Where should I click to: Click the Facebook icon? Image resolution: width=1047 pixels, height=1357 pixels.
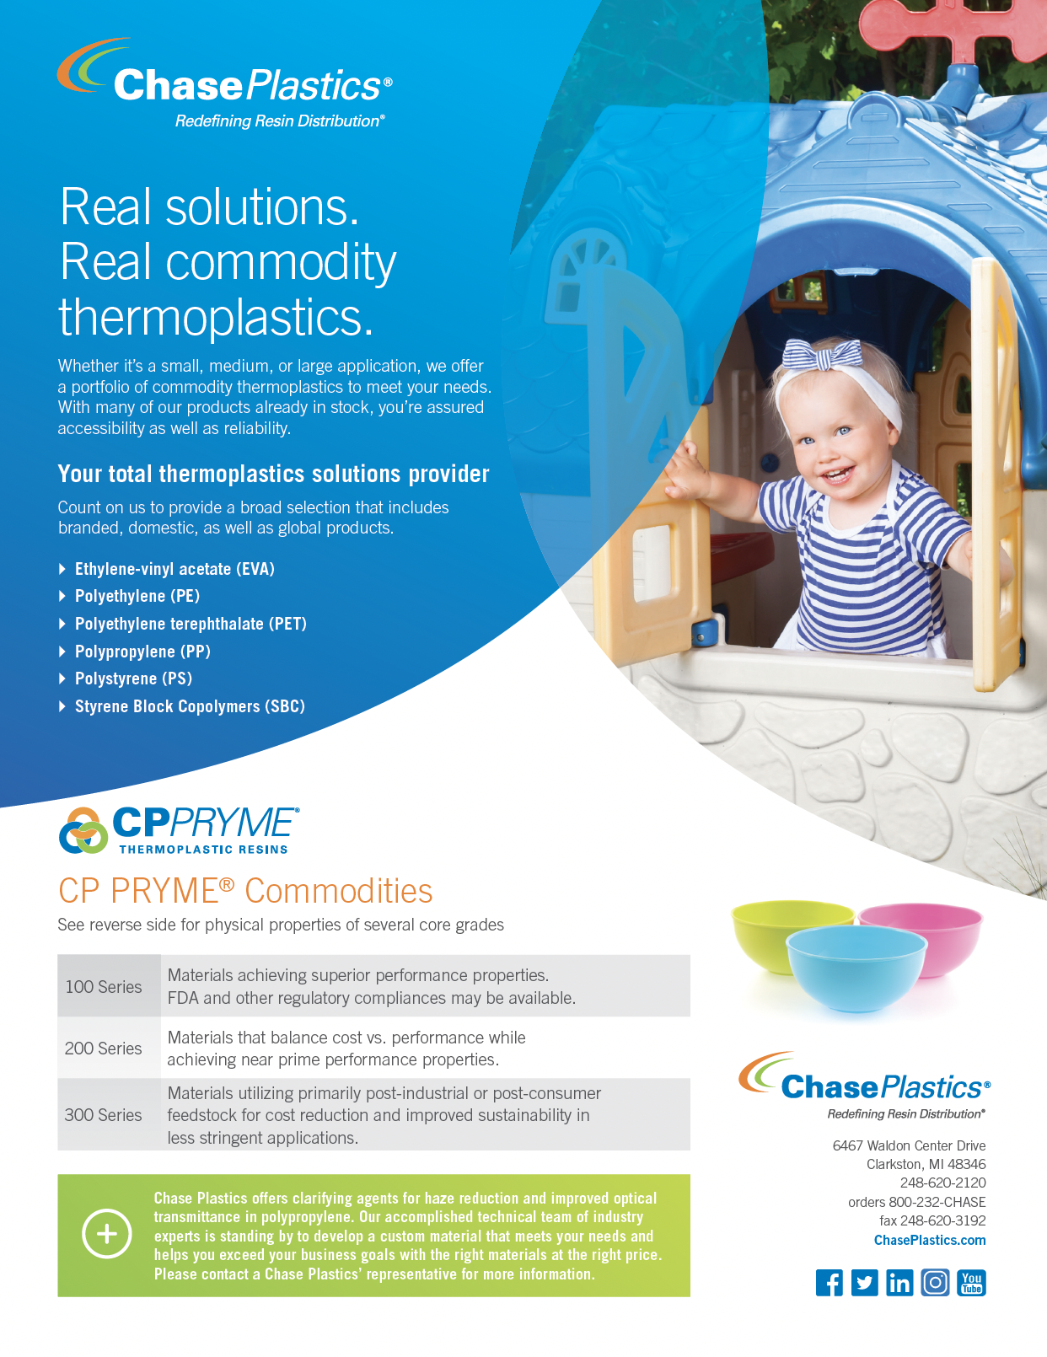point(829,1283)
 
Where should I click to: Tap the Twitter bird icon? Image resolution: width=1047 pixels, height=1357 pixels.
point(864,1283)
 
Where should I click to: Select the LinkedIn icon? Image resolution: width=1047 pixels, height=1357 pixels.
point(899,1283)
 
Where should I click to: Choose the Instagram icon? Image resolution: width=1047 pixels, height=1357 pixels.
point(935,1283)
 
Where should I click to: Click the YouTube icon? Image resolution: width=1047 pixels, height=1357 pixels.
point(971,1283)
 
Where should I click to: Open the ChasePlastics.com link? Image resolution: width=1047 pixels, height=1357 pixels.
point(930,1240)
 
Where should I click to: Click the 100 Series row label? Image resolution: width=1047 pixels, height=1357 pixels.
point(104,987)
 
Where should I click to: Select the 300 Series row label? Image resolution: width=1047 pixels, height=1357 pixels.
point(104,1115)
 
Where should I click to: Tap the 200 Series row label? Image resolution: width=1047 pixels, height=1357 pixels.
point(104,1049)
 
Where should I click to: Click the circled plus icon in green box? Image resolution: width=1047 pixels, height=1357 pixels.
point(107,1234)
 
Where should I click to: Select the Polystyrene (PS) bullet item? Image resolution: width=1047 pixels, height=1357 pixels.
point(133,678)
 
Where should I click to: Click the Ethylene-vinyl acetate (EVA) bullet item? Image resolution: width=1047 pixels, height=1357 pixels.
point(174,569)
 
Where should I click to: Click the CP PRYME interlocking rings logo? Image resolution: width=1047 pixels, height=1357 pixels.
point(83,830)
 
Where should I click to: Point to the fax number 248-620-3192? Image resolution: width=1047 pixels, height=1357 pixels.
point(932,1220)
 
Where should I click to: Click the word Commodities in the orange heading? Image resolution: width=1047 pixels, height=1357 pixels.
point(338,891)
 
